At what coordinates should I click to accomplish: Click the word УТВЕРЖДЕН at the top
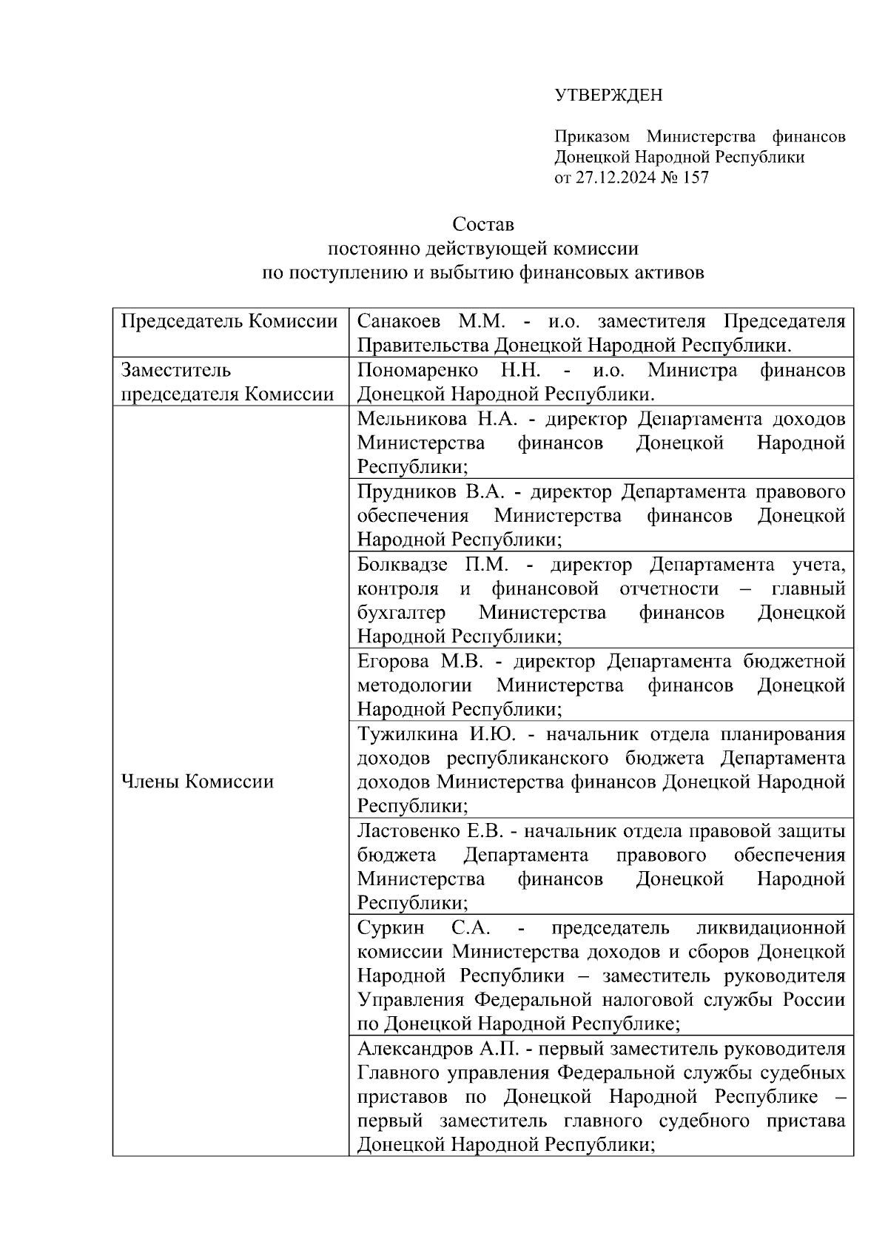tap(608, 95)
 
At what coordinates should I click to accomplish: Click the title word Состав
tap(482, 224)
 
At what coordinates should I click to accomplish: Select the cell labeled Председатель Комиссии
tap(229, 322)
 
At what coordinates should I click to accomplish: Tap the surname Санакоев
tap(398, 322)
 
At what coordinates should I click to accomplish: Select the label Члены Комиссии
tap(197, 782)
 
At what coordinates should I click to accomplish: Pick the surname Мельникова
tap(411, 419)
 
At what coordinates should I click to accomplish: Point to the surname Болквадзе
tap(403, 565)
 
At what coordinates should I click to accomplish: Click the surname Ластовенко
tap(406, 831)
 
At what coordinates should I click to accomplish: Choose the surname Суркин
tap(391, 928)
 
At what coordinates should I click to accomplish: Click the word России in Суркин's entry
tap(815, 1000)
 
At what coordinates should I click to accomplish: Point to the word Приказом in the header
tap(592, 137)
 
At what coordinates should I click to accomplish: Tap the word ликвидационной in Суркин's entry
tap(770, 928)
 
